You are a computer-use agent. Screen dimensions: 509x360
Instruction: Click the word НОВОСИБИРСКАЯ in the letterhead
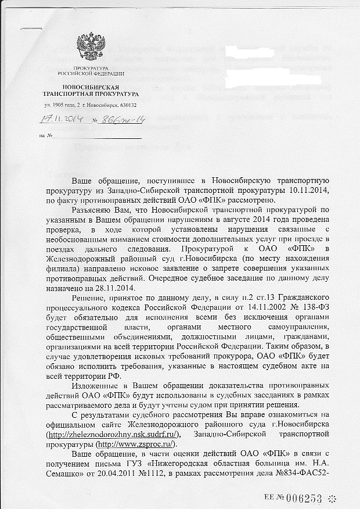click(91, 87)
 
